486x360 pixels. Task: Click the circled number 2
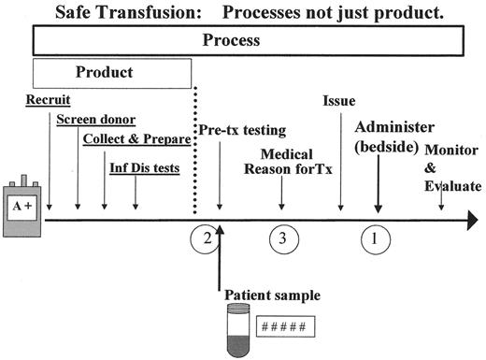tap(207, 238)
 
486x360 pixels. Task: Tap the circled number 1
tap(375, 238)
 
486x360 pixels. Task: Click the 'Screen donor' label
tap(95, 119)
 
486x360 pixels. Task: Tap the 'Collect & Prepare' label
tap(136, 139)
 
